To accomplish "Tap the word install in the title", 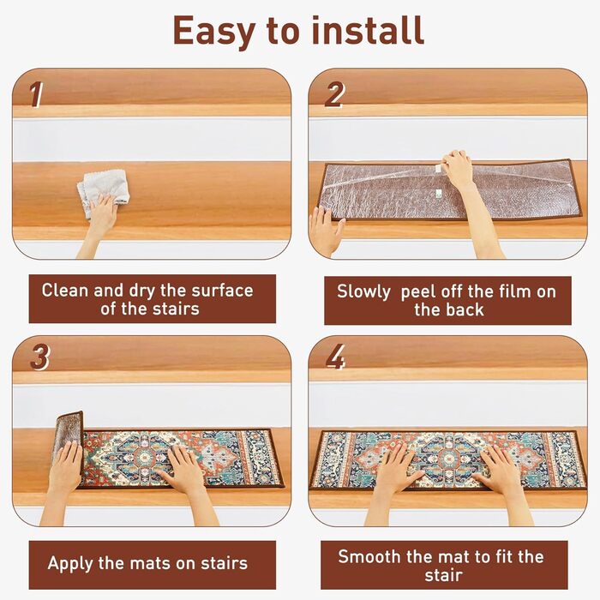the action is (x=368, y=30).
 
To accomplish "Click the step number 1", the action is (x=36, y=95).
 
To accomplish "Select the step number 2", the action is (x=334, y=95).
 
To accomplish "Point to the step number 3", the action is (x=39, y=357).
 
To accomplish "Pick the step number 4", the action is (x=336, y=357).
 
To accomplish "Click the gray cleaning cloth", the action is (x=103, y=190).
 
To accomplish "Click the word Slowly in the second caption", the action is (x=363, y=292).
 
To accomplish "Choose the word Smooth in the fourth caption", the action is (x=369, y=557).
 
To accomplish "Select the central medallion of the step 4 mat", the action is (x=447, y=458).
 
